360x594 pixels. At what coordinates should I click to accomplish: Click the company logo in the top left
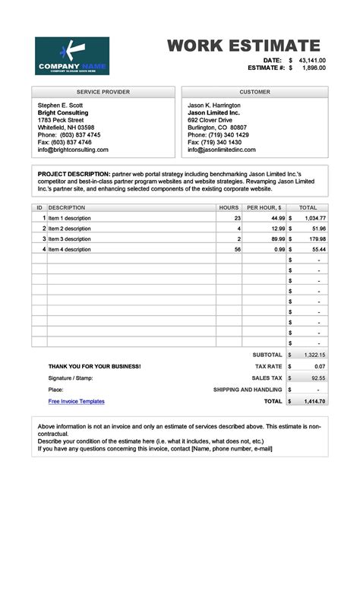click(x=72, y=56)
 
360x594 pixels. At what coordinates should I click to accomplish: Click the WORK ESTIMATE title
click(x=244, y=45)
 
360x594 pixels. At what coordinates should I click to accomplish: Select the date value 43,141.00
click(x=312, y=60)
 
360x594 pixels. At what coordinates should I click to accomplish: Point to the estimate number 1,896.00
click(x=314, y=68)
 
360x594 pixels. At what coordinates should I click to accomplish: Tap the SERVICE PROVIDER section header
click(x=103, y=92)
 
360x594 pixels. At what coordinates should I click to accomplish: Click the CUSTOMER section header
click(x=254, y=92)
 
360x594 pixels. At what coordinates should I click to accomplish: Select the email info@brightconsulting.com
click(x=73, y=150)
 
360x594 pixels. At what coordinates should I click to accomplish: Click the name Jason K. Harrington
click(x=214, y=105)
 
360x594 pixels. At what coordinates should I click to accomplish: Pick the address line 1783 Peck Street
click(x=61, y=120)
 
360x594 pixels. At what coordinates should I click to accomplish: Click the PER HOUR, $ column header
click(x=264, y=207)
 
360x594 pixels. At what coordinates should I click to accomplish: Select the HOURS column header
click(x=229, y=207)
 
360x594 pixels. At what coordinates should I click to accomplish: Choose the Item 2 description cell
click(x=70, y=228)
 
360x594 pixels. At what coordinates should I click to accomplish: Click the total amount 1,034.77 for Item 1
click(x=314, y=218)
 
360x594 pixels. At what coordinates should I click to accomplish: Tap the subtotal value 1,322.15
click(x=314, y=355)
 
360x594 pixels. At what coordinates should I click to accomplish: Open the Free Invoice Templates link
click(x=76, y=401)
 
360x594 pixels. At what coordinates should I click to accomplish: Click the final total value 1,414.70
click(x=314, y=401)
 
